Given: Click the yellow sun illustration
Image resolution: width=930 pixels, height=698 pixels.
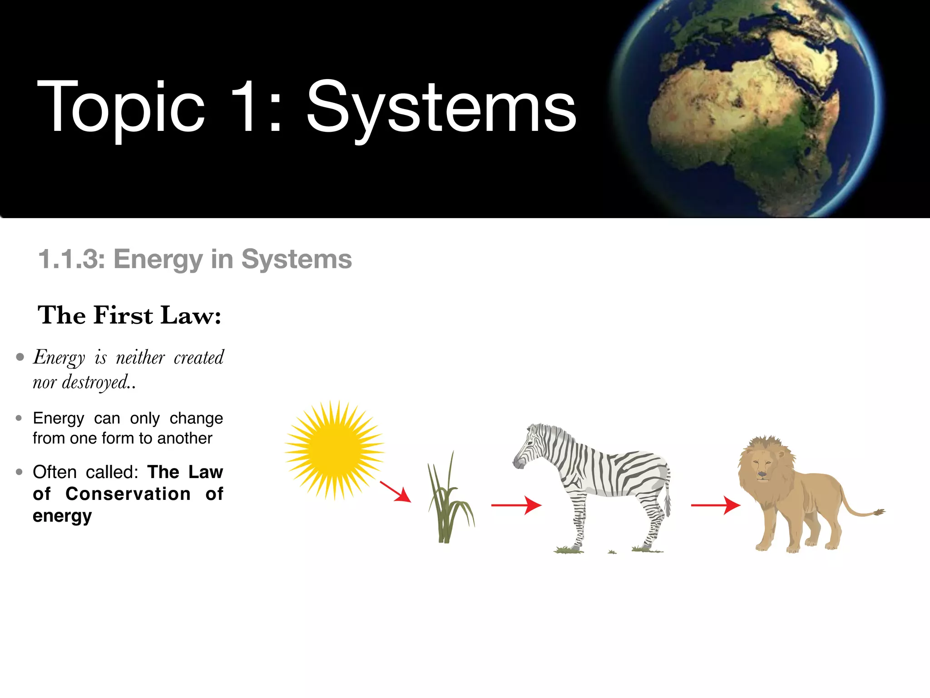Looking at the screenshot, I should tap(335, 450).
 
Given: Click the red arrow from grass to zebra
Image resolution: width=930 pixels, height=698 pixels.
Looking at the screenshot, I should tap(516, 505).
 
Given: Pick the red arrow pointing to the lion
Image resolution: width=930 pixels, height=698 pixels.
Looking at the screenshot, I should tap(716, 505).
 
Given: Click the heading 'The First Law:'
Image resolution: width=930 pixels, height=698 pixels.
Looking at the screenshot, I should tap(129, 315).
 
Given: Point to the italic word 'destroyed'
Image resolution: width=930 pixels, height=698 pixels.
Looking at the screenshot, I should tap(95, 382).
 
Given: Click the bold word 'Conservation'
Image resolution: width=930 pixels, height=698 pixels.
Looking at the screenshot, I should tap(128, 494).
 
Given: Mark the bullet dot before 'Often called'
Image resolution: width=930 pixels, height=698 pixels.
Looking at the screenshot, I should tap(19, 472).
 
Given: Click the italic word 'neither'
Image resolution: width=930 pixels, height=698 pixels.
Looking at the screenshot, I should tap(140, 358).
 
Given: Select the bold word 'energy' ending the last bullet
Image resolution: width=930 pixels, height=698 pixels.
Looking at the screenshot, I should tap(62, 516).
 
